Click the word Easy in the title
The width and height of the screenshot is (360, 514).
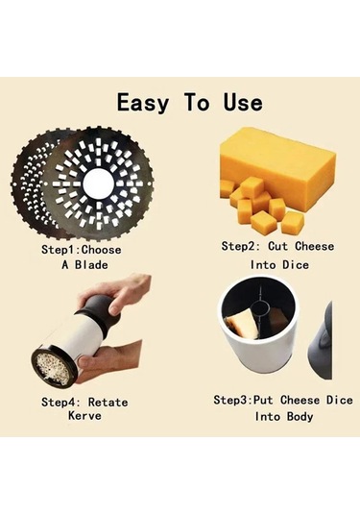(143, 102)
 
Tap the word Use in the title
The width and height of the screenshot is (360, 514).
(243, 102)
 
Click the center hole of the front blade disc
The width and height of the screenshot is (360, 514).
(98, 184)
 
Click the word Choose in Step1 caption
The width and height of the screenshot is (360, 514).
(101, 250)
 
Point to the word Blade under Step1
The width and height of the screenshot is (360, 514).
(91, 264)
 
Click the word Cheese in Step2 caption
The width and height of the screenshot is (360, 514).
(315, 246)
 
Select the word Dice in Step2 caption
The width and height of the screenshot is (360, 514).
(296, 264)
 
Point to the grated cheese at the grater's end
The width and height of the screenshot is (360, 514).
(54, 367)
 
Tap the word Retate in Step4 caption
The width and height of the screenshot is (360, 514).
(108, 402)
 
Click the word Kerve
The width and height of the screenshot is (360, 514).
(84, 415)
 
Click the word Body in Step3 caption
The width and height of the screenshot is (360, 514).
(300, 417)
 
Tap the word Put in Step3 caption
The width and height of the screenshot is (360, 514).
(265, 400)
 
